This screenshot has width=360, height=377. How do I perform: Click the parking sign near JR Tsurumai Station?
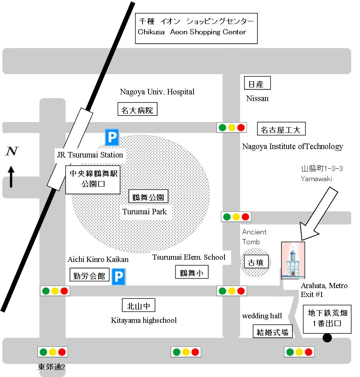(112, 138)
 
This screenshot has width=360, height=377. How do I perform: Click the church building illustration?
(293, 260)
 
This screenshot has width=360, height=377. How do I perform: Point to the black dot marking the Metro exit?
(326, 338)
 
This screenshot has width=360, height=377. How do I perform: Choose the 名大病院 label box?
(137, 110)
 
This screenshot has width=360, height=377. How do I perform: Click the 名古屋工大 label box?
(281, 129)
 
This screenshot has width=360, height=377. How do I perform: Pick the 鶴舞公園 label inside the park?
(150, 197)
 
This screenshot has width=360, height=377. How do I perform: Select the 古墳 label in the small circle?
(256, 262)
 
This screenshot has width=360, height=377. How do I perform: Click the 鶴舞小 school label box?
(192, 273)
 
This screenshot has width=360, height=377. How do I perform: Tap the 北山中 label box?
(138, 305)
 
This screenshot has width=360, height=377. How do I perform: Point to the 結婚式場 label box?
(273, 331)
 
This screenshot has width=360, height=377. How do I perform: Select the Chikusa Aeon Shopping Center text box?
(196, 28)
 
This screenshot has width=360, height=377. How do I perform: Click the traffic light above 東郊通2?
(53, 352)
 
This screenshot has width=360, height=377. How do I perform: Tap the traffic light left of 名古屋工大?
(232, 128)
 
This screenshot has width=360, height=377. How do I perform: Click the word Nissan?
(257, 98)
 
